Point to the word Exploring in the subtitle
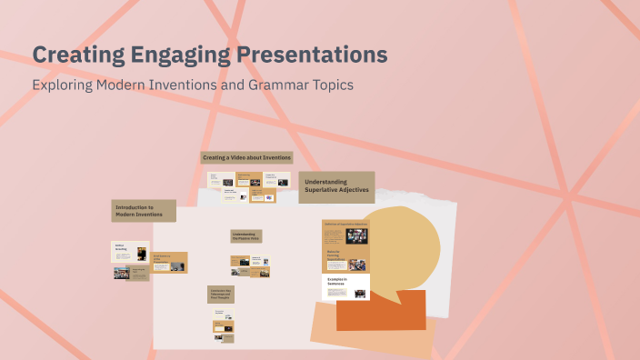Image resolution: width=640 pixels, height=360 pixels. coord(63,85)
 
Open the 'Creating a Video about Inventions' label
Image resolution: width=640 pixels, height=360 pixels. coord(246,157)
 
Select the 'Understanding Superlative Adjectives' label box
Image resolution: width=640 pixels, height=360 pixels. coord(337,186)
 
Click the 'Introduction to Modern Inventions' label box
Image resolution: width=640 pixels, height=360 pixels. coord(142,211)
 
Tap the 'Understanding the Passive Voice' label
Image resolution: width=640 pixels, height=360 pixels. coord(245,236)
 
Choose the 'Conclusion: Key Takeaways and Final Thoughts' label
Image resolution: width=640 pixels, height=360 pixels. coord(221,294)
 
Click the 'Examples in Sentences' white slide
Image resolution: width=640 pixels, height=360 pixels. coord(345,286)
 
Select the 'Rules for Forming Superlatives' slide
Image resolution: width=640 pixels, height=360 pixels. coord(345,260)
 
